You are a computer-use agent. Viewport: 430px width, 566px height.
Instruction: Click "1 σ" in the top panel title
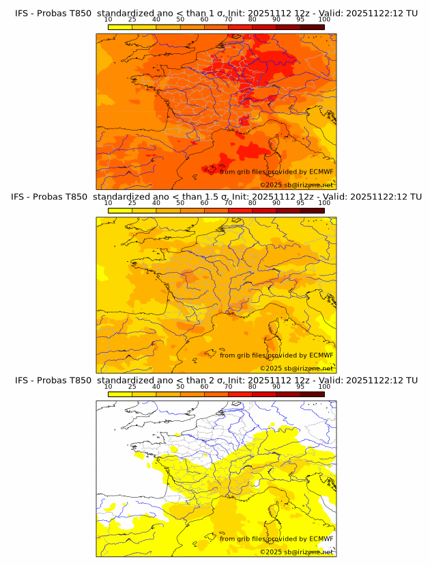[x=217, y=14]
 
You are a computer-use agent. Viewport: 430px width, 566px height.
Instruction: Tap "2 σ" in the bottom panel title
[x=217, y=380]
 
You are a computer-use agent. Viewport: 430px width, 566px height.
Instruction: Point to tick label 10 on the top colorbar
[x=108, y=20]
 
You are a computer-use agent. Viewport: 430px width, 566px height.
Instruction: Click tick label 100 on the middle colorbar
[x=324, y=203]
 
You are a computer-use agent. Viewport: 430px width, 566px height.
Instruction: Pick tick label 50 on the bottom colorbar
[x=180, y=386]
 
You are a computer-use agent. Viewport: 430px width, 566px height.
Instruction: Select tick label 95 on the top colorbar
[x=300, y=20]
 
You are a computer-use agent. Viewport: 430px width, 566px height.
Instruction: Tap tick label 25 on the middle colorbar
[x=132, y=203]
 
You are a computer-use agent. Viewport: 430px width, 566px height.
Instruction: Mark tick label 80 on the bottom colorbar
[x=253, y=386]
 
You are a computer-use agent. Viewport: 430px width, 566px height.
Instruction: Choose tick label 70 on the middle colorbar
[x=228, y=203]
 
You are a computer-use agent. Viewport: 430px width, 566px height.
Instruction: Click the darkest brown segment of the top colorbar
[x=312, y=26]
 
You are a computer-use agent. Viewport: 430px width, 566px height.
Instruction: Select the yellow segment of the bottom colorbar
[x=119, y=393]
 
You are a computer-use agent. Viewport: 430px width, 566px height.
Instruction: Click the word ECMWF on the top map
[x=321, y=172]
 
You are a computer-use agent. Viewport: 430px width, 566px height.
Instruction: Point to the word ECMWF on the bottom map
[x=321, y=539]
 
